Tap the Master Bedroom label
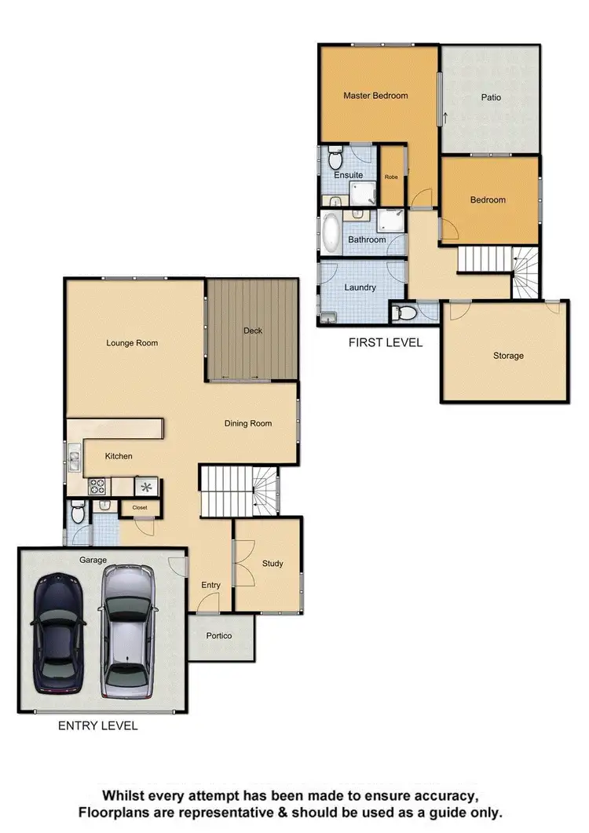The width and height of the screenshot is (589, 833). [x=375, y=96]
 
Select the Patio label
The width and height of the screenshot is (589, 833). [x=491, y=98]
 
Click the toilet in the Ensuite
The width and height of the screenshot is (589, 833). [x=335, y=161]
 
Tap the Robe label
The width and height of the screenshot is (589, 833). [x=391, y=177]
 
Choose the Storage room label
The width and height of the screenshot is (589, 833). [x=508, y=356]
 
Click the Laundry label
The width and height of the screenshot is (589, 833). [x=360, y=287]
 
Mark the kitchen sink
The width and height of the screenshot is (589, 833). [x=74, y=458]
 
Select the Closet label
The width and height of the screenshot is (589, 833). [x=140, y=507]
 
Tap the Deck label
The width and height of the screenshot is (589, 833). [x=252, y=331]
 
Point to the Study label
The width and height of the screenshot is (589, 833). [x=273, y=564]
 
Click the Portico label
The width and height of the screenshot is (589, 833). [x=218, y=635]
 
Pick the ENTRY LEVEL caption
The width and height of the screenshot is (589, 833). [x=98, y=725]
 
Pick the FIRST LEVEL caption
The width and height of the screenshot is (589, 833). [x=385, y=342]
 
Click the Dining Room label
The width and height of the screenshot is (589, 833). [x=248, y=423]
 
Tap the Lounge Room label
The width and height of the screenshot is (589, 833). [x=132, y=342]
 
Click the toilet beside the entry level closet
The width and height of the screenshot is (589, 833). [x=77, y=514]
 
